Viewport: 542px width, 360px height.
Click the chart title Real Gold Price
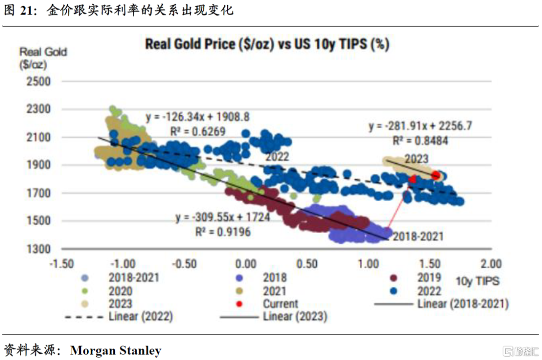267,44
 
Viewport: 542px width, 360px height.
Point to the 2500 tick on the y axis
39,81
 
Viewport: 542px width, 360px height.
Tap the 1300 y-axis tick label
39,249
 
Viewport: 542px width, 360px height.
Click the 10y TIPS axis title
477,281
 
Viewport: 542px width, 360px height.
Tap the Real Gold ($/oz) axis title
43,58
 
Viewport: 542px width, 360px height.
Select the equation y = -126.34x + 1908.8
198,117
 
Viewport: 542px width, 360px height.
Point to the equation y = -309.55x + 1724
223,218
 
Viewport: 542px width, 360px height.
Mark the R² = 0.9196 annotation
223,232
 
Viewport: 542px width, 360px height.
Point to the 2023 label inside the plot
416,159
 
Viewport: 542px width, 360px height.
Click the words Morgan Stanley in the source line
115,350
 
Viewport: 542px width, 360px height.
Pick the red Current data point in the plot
435,175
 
